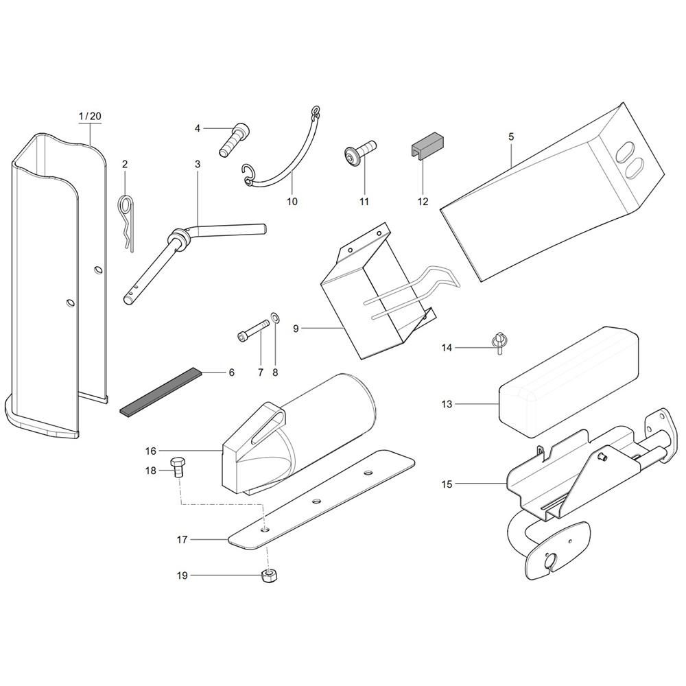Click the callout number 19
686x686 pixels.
[182, 576]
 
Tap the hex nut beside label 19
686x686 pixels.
[269, 576]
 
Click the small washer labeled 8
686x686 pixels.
[275, 318]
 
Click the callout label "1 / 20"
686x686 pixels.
[90, 117]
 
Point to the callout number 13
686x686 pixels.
[447, 405]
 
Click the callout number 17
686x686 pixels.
[182, 540]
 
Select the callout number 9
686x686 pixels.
[296, 329]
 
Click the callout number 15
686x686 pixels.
[447, 484]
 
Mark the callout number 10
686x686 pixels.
[292, 202]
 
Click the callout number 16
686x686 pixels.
[151, 451]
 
